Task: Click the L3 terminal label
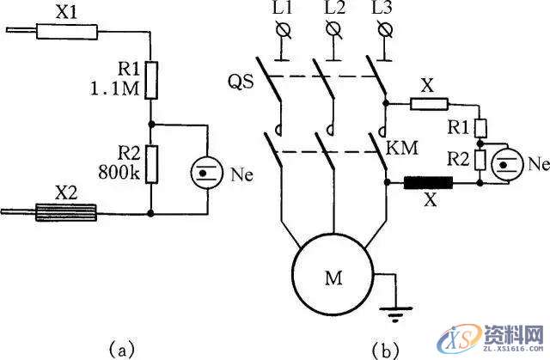[384, 11]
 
